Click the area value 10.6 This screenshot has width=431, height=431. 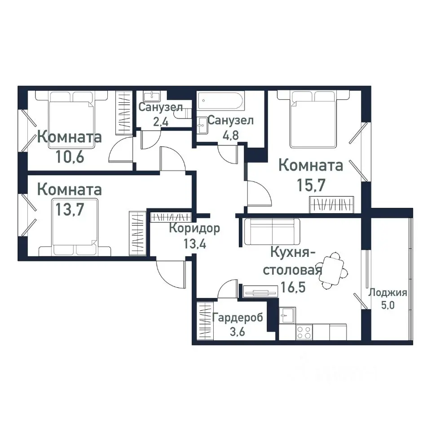(x=70, y=157)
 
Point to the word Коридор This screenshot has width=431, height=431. (x=194, y=229)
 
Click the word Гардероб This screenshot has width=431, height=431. (x=238, y=318)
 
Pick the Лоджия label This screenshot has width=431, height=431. (x=387, y=293)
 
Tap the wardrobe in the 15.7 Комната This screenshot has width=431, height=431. (x=332, y=204)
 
